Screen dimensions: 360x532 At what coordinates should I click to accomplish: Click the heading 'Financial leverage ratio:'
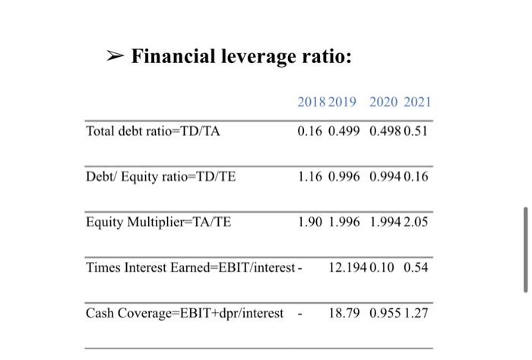tap(242, 57)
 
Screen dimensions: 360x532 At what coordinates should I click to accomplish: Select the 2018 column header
tap(312, 103)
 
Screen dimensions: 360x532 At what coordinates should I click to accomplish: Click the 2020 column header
tap(384, 103)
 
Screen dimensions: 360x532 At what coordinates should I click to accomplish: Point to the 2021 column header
tap(417, 103)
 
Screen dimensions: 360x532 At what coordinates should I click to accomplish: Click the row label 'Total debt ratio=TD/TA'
tap(153, 131)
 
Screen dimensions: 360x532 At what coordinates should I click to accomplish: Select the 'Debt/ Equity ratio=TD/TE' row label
tap(161, 177)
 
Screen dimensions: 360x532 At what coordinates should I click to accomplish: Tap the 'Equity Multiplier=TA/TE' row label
tap(159, 223)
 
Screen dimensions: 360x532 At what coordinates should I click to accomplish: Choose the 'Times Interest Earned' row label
tap(191, 268)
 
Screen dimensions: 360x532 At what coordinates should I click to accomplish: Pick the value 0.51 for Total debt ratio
tap(418, 131)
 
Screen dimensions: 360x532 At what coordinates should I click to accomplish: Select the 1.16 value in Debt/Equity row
tap(312, 177)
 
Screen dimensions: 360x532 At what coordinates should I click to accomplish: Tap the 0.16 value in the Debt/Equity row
tap(418, 177)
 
